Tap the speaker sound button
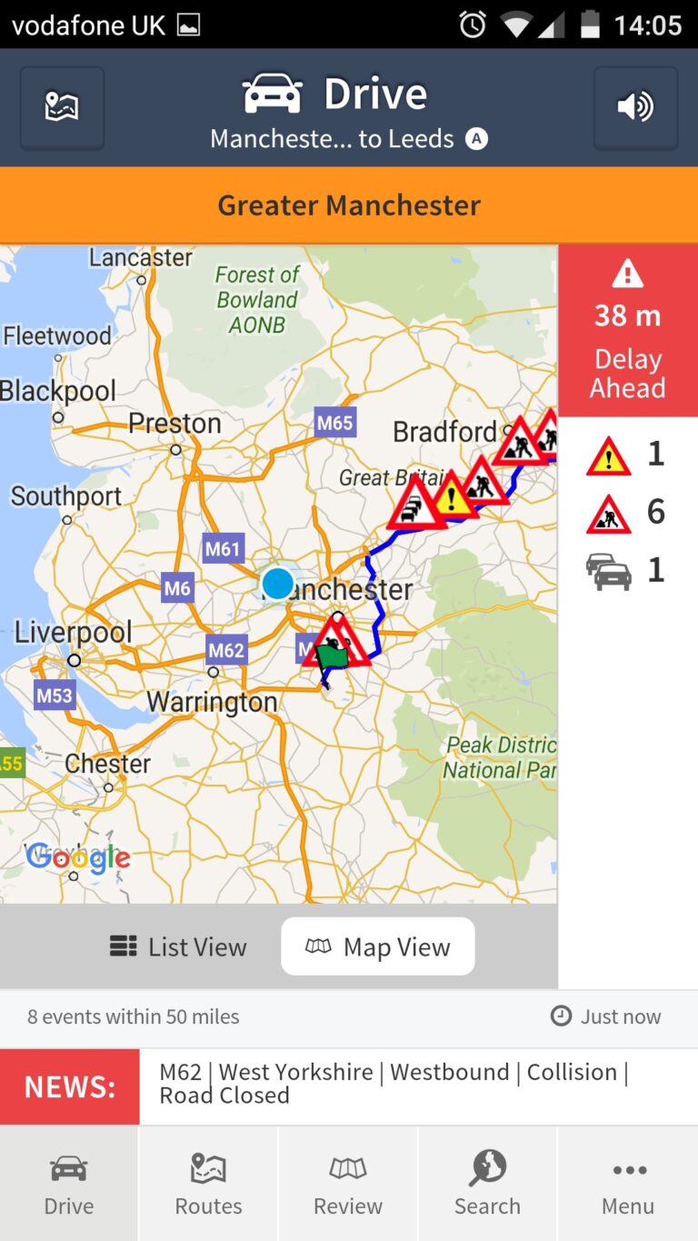[635, 107]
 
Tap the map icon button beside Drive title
[62, 107]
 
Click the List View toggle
[178, 946]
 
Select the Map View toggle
[378, 946]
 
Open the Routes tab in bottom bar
[208, 1183]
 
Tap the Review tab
[348, 1183]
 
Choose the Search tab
[487, 1183]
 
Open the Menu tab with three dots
[628, 1183]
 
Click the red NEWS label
[70, 1086]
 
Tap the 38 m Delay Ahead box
[628, 330]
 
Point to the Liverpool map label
[73, 632]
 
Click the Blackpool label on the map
[58, 391]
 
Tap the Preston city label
[174, 424]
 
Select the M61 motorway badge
[223, 548]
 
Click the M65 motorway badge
[334, 422]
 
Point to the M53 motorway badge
[54, 696]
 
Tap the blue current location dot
[277, 583]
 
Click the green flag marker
[333, 656]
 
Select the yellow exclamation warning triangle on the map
[451, 495]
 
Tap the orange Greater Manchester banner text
[349, 205]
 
